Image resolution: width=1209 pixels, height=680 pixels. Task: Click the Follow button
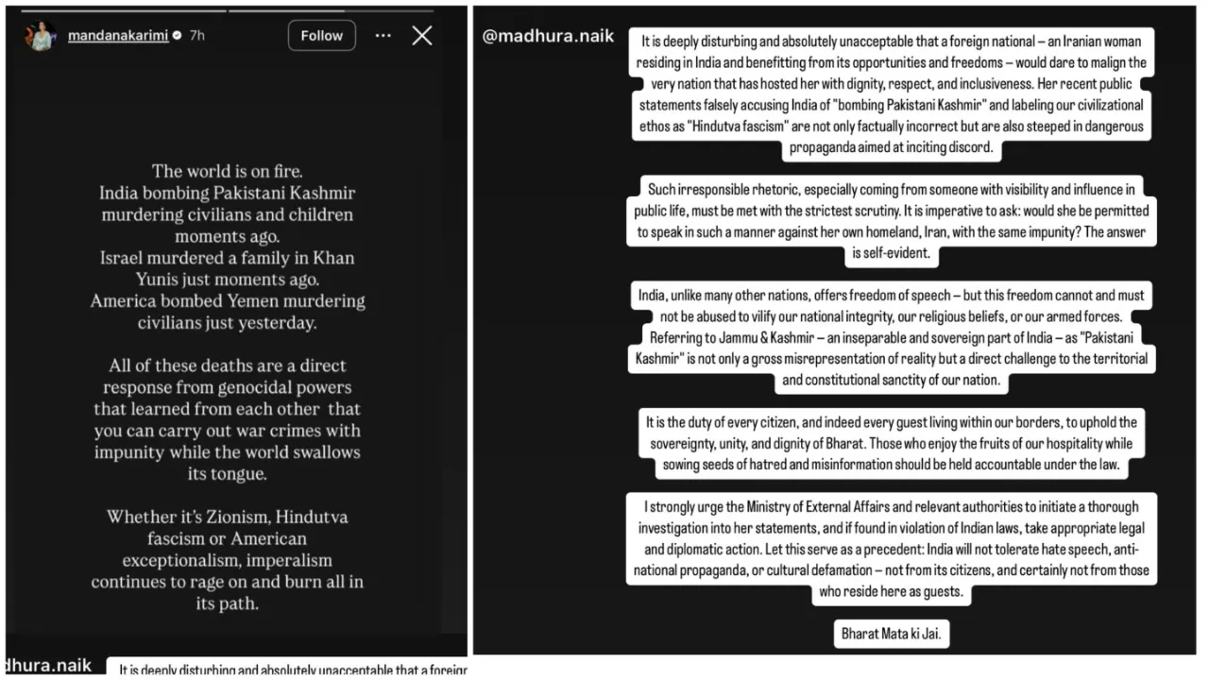pos(321,36)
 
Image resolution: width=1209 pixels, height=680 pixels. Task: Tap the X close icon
pos(422,36)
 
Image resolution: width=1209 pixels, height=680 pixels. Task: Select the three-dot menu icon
pos(383,36)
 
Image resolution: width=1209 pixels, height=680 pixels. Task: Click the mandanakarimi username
pos(118,36)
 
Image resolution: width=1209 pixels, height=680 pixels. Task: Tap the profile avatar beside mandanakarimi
pos(41,36)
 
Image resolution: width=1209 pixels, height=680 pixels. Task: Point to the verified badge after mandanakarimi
pos(177,36)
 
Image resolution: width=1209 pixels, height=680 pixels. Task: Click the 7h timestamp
pos(196,36)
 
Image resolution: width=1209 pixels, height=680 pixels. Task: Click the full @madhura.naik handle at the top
pos(548,37)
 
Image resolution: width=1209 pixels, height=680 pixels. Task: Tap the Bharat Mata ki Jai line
pos(893,634)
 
